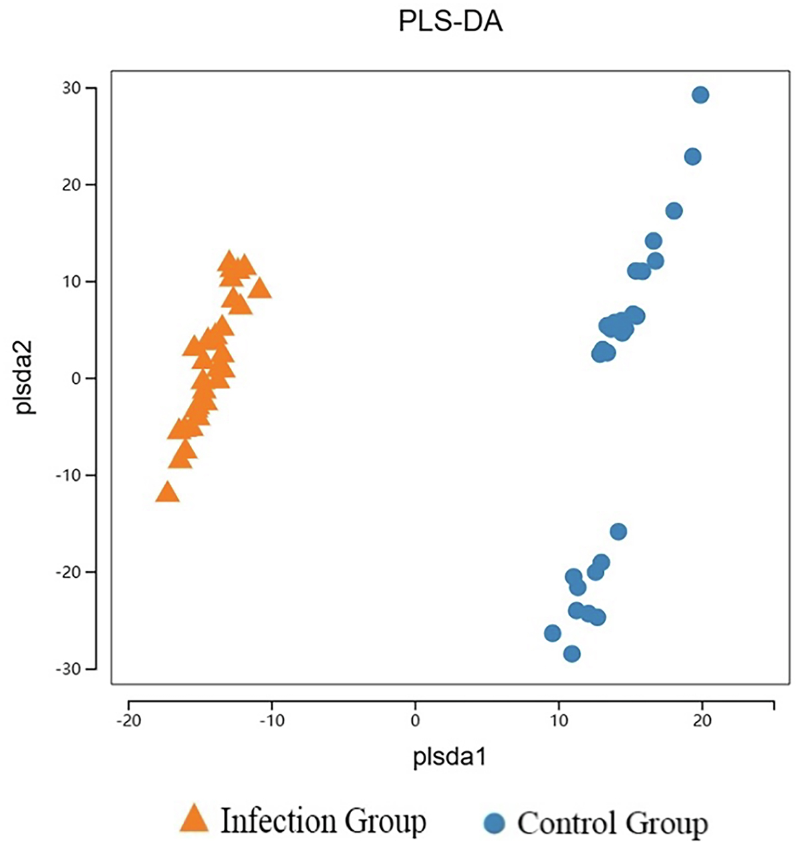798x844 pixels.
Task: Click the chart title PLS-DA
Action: pyautogui.click(x=450, y=23)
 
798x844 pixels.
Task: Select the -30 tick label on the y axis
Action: pyautogui.click(x=68, y=668)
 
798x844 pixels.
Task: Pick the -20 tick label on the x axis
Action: pyautogui.click(x=127, y=720)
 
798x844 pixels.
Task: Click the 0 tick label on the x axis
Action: pyautogui.click(x=415, y=720)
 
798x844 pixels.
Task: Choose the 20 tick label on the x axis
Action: pyautogui.click(x=702, y=720)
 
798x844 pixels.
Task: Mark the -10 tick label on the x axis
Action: pyautogui.click(x=271, y=720)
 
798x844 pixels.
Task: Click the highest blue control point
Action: pyautogui.click(x=700, y=95)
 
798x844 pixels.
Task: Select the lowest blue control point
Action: pyautogui.click(x=572, y=654)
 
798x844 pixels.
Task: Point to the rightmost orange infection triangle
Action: pyautogui.click(x=259, y=289)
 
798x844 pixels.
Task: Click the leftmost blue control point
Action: pyautogui.click(x=553, y=633)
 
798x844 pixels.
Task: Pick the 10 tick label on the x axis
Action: pyautogui.click(x=559, y=720)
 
